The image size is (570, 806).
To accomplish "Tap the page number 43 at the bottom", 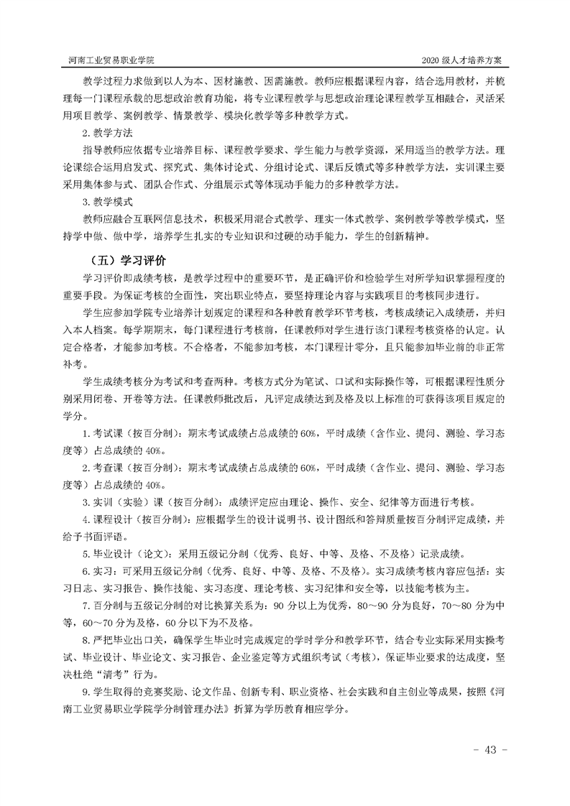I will (491, 750).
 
